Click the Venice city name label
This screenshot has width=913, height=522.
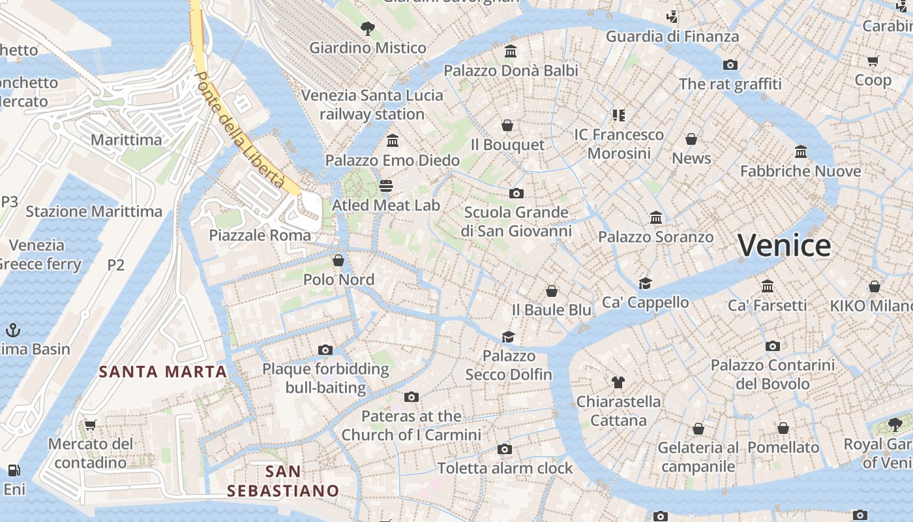point(784,246)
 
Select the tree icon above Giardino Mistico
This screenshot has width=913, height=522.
point(368,28)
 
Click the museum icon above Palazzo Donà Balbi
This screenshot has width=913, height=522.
point(511,51)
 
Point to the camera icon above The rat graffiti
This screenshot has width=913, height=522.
point(730,65)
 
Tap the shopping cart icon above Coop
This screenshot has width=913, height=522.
point(873,61)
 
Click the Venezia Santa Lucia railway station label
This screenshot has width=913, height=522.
point(372,104)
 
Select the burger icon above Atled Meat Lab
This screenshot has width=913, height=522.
point(386,185)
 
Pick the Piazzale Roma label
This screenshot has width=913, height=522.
point(260,236)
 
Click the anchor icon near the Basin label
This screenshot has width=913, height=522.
point(13,330)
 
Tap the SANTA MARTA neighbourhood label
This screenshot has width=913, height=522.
point(162,372)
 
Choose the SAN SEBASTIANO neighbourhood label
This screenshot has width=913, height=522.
point(283,481)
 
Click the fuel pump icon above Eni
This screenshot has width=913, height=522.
point(13,470)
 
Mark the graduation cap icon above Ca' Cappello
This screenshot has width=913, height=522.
point(645,283)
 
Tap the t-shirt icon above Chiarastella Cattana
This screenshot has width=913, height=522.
point(618,382)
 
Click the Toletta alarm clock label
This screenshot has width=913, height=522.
point(505,468)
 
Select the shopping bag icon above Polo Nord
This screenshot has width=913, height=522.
point(338,260)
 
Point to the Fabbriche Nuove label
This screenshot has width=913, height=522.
point(800,172)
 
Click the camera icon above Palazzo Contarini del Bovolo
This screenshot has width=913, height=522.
point(773,346)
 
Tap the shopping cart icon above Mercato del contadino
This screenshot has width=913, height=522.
point(91,425)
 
